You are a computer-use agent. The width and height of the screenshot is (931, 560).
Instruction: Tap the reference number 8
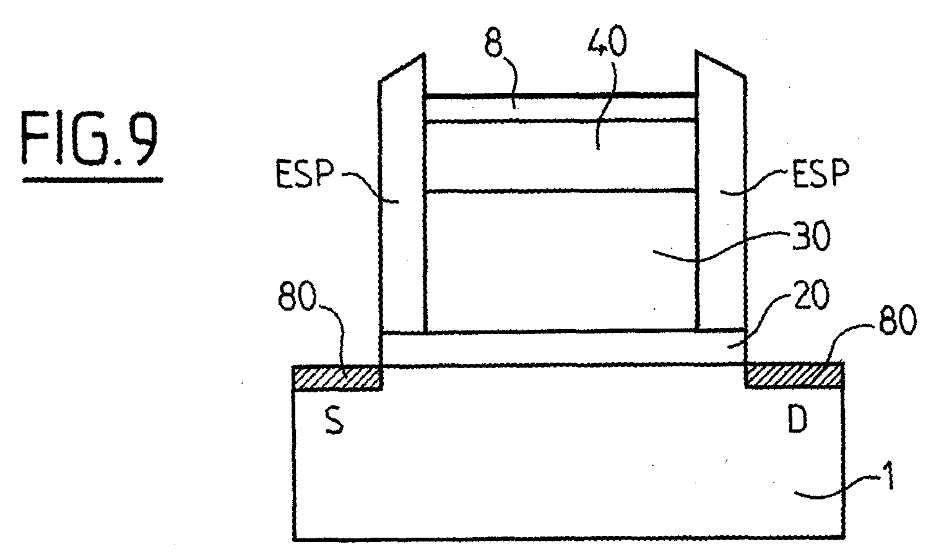point(494,42)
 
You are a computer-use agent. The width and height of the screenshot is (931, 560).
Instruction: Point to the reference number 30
point(811,236)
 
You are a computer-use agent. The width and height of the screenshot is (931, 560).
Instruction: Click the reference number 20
point(812,295)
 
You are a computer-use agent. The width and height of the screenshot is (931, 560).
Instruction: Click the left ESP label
point(305,174)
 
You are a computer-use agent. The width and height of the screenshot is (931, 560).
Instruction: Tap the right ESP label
point(821,174)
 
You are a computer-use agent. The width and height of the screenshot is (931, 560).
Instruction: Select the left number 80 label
point(297,296)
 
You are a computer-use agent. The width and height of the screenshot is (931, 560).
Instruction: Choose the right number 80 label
point(897,321)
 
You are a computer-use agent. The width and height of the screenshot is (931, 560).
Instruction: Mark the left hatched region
point(337,379)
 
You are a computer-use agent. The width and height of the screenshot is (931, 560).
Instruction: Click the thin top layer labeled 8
point(560,108)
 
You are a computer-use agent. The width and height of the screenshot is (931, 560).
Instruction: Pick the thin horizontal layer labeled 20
point(563,349)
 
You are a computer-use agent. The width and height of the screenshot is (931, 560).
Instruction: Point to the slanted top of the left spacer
point(401,67)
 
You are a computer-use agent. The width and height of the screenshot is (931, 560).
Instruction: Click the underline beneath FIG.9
point(92,180)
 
